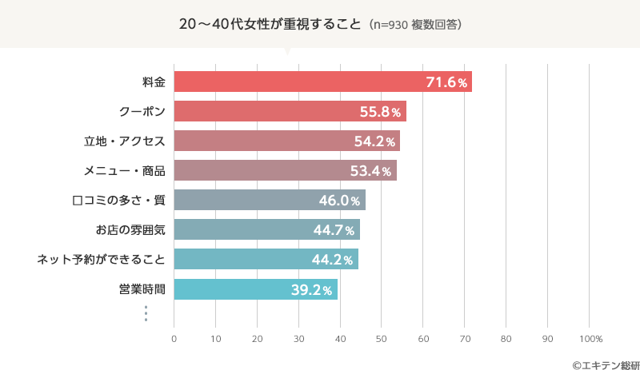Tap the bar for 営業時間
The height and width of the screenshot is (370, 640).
coord(255,289)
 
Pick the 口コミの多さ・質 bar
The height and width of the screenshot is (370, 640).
coord(269,200)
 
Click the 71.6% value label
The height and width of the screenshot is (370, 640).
coord(446,82)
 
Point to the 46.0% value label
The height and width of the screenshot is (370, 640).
coord(340,201)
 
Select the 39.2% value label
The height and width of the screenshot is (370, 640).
coord(311,290)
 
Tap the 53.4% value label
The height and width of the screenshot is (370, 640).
coord(371,171)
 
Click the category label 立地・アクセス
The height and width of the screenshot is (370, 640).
coord(125,141)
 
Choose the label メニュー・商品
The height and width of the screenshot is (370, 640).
coord(125,171)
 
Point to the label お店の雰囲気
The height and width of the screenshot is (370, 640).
coord(130,230)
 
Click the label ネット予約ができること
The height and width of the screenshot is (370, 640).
coord(102,260)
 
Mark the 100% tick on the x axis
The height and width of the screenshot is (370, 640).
coord(590,339)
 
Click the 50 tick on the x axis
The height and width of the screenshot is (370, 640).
coord(382,339)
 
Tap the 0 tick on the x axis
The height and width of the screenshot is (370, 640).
coord(174,339)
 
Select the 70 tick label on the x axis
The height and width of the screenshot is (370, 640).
coord(465,339)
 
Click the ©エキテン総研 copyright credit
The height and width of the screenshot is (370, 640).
coord(600,364)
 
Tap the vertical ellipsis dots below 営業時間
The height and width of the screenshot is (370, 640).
coord(146,312)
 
